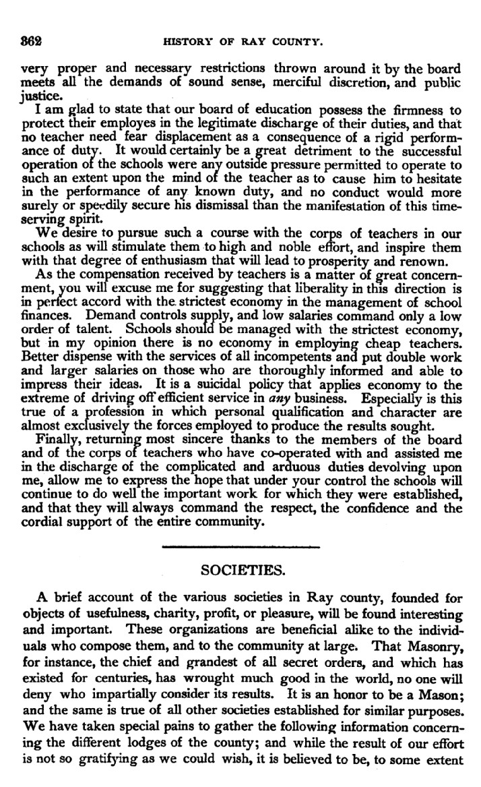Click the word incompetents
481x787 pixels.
point(246,355)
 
